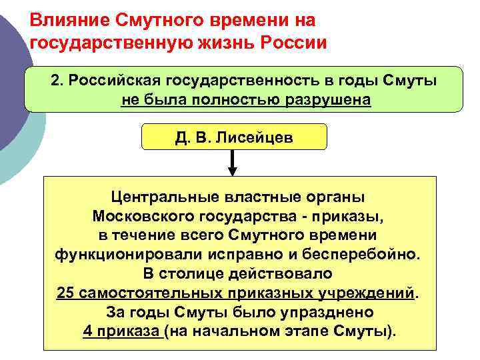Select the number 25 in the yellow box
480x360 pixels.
pos(65,293)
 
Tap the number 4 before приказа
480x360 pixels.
pos(88,331)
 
